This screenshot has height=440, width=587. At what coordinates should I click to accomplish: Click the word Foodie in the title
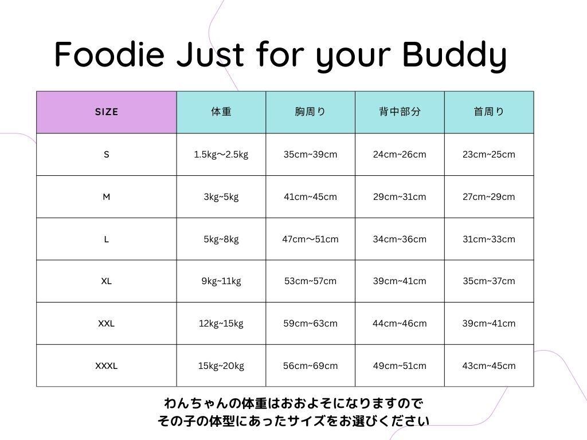coord(109,54)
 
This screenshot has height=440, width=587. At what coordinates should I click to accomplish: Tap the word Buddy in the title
coord(454,56)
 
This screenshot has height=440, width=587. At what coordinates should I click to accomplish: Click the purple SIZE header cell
coord(106,112)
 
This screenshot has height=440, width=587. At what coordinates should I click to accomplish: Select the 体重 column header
coord(221,112)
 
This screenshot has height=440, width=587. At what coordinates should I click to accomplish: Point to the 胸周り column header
coord(310,112)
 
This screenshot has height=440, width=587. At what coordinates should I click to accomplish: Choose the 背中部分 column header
coord(400,112)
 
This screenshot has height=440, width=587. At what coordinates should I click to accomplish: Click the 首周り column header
coord(489,112)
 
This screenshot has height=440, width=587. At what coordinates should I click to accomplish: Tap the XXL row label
coord(106,323)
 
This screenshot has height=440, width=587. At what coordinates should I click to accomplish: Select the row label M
coord(106,197)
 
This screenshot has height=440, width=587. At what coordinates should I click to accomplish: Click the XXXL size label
coord(106,366)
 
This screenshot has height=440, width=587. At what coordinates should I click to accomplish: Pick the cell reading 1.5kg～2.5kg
coord(221,155)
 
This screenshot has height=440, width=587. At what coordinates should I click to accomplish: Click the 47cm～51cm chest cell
coord(310,239)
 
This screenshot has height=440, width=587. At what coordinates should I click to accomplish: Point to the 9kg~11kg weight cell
coord(221,281)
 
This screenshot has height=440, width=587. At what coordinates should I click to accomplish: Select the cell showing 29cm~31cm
coord(400,197)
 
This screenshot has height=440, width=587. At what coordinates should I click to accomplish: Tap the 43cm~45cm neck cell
coord(489,366)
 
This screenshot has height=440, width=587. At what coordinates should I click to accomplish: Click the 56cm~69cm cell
coord(310,366)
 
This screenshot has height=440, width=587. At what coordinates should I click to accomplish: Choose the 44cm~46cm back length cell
coord(400,323)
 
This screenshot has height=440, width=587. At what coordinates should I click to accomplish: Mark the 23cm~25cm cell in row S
coord(489,155)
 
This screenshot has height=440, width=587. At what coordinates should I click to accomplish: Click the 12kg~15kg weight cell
coord(221,324)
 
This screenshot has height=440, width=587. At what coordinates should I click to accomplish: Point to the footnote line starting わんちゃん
coord(293,403)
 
